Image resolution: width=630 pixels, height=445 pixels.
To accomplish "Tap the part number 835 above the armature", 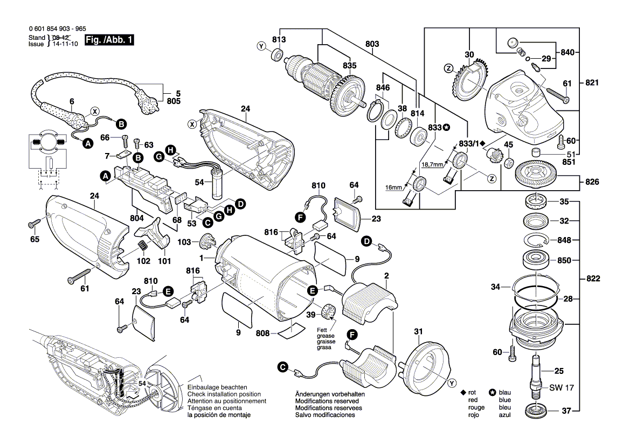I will point(350,65).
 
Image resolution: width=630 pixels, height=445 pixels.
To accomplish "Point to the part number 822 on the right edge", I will point(593,279).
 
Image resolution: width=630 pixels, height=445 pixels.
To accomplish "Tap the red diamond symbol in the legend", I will point(462,393).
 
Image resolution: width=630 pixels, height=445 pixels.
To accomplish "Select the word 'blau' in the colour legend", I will point(505,393).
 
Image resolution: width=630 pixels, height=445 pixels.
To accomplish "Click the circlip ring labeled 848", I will point(536,240).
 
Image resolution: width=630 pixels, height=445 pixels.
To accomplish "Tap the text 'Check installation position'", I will point(224,394).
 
